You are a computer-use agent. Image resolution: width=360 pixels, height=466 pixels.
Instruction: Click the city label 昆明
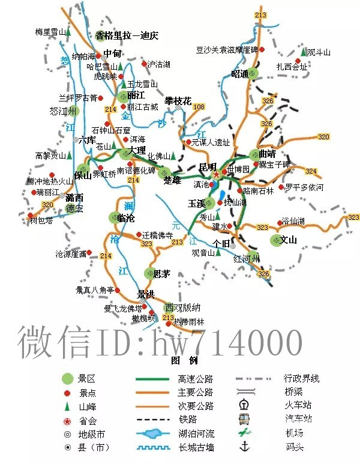pos(208,166)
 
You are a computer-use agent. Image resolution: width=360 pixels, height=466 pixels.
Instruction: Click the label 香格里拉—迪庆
pos(127,35)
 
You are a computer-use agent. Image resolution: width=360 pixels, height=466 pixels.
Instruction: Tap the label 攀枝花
pos(178,101)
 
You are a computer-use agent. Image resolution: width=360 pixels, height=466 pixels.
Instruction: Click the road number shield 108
pos(199,106)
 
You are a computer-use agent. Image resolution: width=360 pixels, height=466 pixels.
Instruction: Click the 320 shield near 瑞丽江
pos(47,205)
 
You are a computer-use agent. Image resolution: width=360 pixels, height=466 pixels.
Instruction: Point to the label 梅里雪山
pos(49,31)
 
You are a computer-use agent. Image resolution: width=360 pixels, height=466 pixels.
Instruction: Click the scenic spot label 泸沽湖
pos(159,64)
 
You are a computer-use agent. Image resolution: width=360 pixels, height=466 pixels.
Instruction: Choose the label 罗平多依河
pos(304,187)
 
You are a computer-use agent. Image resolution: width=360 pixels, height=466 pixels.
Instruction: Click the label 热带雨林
pos(189,322)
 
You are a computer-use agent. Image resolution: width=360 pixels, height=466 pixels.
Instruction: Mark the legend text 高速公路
pos(196,379)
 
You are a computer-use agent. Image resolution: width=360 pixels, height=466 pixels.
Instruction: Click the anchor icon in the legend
pos(244,446)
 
